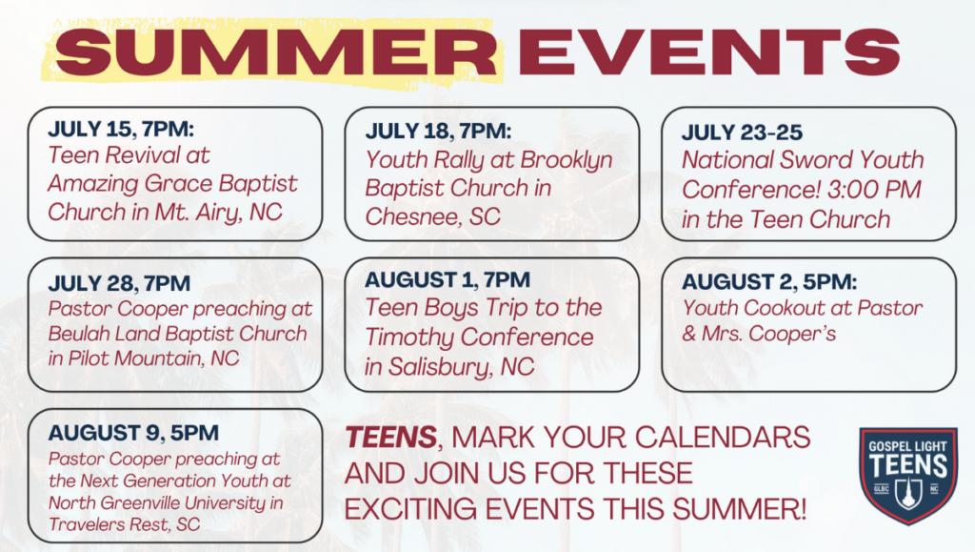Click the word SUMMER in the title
pyautogui.click(x=276, y=52)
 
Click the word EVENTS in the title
pyautogui.click(x=708, y=52)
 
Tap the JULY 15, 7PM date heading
pyautogui.click(x=121, y=129)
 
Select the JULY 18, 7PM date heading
pyautogui.click(x=438, y=132)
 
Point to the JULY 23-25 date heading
pyautogui.click(x=742, y=133)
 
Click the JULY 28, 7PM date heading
pyautogui.click(x=119, y=283)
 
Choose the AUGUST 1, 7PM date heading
pyautogui.click(x=448, y=280)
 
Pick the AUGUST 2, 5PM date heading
pyautogui.click(x=769, y=282)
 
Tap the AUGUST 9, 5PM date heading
pyautogui.click(x=133, y=433)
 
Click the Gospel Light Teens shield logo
pyautogui.click(x=907, y=476)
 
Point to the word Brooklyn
pyautogui.click(x=567, y=160)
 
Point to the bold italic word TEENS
pyautogui.click(x=391, y=438)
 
